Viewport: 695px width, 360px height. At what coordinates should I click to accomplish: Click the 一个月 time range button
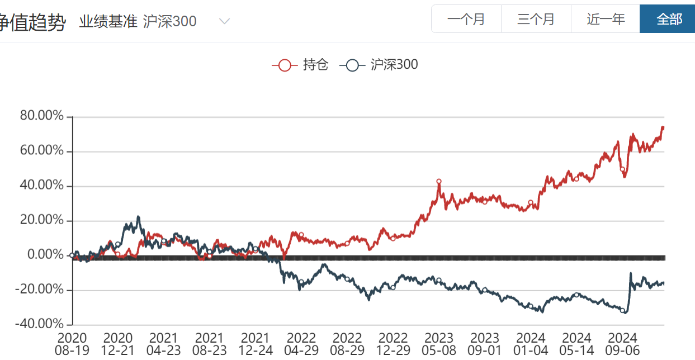click(466, 19)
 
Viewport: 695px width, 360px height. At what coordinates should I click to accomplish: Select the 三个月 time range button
click(536, 19)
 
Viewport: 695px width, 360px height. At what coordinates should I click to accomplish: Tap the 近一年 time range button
click(606, 19)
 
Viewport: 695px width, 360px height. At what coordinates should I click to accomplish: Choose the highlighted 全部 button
click(669, 19)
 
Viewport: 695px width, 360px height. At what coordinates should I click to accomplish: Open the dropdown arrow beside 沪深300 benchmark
click(224, 22)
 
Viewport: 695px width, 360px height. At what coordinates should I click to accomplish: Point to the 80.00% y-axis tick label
click(42, 116)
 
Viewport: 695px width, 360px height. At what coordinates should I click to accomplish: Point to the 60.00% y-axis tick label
click(42, 151)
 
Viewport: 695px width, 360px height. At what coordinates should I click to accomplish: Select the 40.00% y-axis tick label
click(42, 186)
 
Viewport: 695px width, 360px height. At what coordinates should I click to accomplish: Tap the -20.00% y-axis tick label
click(40, 290)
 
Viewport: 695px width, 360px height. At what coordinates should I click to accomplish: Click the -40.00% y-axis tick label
click(40, 324)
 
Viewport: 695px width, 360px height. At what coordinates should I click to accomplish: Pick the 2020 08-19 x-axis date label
click(72, 344)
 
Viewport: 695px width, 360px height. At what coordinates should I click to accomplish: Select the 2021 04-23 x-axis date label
click(164, 344)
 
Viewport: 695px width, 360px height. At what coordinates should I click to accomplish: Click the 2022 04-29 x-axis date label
click(301, 344)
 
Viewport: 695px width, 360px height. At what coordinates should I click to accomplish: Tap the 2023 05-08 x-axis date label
click(439, 344)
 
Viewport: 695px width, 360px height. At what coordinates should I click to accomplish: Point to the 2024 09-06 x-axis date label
click(622, 344)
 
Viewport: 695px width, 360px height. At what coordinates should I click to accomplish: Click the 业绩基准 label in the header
click(108, 22)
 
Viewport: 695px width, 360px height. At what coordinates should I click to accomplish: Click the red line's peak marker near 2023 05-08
click(439, 181)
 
